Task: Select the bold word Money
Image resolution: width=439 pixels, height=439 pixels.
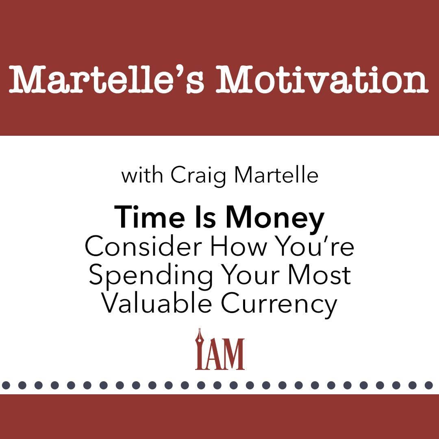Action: [x=275, y=218]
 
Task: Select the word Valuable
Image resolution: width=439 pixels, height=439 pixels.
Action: [x=156, y=304]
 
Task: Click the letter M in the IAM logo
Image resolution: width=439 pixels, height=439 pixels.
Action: [x=233, y=354]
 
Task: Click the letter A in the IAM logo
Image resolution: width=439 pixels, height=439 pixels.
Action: [x=213, y=354]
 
